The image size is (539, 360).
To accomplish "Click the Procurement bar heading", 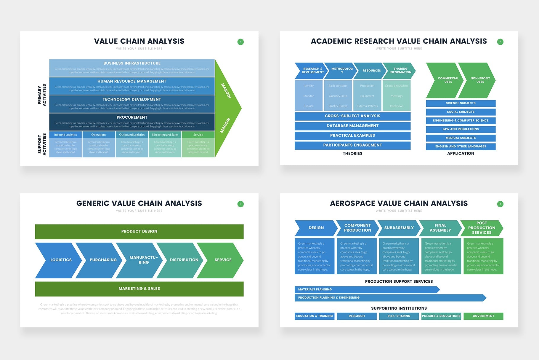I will click(132, 117).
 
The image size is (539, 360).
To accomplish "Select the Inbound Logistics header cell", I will click(65, 135).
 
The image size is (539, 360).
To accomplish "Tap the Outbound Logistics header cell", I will click(132, 135).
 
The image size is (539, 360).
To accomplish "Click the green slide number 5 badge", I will click(240, 42).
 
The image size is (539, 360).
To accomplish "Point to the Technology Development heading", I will click(132, 99).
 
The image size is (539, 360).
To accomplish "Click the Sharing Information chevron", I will click(400, 71).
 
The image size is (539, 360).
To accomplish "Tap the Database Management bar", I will click(352, 126).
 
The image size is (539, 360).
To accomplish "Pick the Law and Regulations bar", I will click(461, 129).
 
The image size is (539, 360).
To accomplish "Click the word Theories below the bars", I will click(352, 153).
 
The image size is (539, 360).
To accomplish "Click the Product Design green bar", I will click(139, 231).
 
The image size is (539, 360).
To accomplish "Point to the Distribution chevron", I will click(182, 260).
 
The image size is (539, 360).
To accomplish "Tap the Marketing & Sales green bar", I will click(139, 289).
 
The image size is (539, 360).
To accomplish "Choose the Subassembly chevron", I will click(399, 228).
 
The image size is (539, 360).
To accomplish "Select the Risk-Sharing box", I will click(399, 316).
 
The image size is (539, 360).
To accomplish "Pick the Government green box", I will click(483, 316).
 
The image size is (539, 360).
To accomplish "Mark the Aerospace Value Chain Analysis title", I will click(399, 203).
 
